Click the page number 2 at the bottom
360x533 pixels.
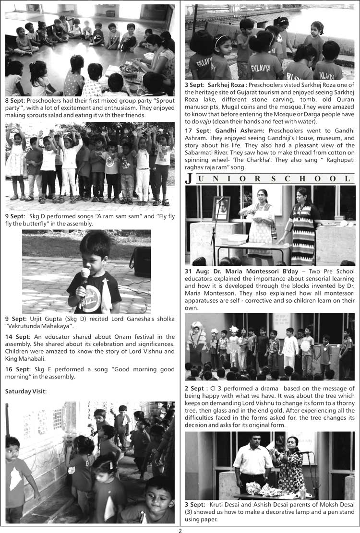point(180,530)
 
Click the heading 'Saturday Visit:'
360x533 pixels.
point(26,391)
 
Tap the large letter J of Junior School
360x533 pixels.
point(189,179)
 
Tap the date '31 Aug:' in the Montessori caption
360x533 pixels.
point(197,271)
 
